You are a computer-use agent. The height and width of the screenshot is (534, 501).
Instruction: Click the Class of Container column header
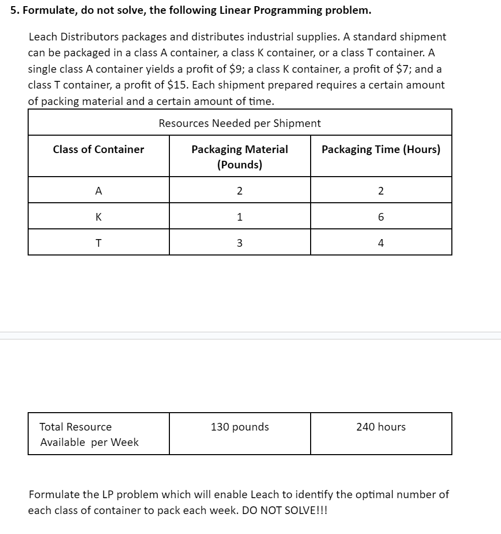pyautogui.click(x=99, y=149)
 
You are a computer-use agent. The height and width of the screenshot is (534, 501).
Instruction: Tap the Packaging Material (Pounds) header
pyautogui.click(x=239, y=157)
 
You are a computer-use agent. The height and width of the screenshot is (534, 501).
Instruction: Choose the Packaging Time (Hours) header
pyautogui.click(x=381, y=149)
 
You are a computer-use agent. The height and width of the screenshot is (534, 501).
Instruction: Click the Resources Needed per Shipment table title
pyautogui.click(x=239, y=123)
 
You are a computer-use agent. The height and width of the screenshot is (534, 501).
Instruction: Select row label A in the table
pyautogui.click(x=99, y=191)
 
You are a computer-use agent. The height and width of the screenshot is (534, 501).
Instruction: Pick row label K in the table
pyautogui.click(x=99, y=217)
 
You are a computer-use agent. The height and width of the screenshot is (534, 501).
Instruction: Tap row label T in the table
pyautogui.click(x=99, y=243)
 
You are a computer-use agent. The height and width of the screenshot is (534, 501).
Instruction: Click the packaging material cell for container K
pyautogui.click(x=239, y=217)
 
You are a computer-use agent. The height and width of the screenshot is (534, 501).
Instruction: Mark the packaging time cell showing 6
pyautogui.click(x=381, y=217)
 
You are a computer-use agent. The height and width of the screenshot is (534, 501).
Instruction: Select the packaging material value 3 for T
pyautogui.click(x=239, y=243)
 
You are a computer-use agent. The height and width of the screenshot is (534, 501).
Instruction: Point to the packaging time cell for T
pyautogui.click(x=381, y=243)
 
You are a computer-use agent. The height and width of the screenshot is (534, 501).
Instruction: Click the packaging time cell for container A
pyautogui.click(x=381, y=191)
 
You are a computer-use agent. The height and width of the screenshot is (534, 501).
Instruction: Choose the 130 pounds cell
pyautogui.click(x=239, y=427)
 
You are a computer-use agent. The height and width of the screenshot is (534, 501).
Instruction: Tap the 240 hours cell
pyautogui.click(x=381, y=427)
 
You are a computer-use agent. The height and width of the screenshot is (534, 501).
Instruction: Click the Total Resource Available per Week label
pyautogui.click(x=89, y=434)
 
